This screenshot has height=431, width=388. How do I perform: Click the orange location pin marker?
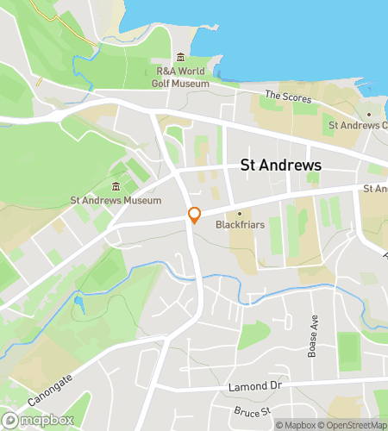pyautogui.click(x=195, y=215)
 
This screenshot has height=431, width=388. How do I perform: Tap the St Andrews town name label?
pyautogui.click(x=280, y=166)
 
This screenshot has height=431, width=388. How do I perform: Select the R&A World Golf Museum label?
pyautogui.click(x=182, y=78)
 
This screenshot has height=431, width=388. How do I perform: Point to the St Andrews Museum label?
pyautogui.click(x=116, y=201)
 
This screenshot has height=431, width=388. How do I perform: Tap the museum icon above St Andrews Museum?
pyautogui.click(x=116, y=187)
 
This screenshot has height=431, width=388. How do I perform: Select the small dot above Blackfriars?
pyautogui.click(x=240, y=211)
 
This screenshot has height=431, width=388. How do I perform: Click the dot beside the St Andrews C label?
pyautogui.click(x=369, y=115)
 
